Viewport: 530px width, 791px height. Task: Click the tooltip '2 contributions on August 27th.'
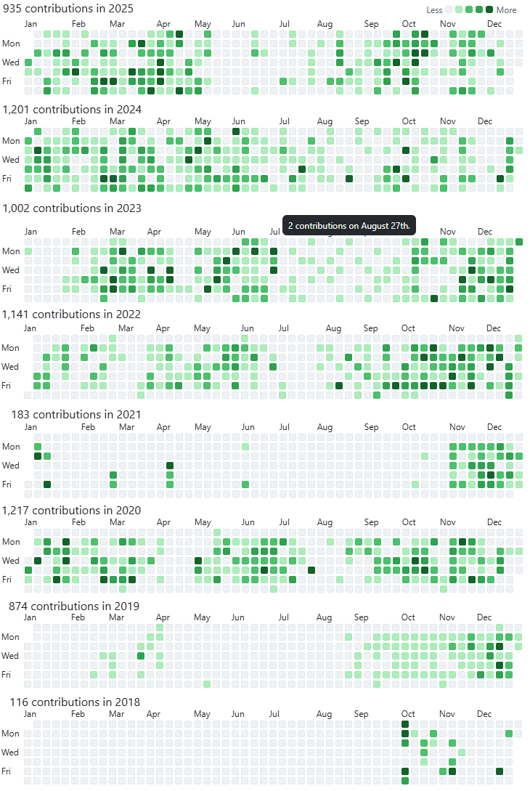tap(349, 226)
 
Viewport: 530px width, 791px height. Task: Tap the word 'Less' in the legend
tap(434, 10)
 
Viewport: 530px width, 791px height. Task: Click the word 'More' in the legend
tap(507, 10)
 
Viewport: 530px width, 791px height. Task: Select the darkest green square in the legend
tap(489, 10)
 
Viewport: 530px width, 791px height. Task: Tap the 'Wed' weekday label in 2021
tap(11, 466)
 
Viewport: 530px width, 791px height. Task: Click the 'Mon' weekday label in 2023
tap(11, 251)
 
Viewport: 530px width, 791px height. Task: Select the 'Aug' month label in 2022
tap(333, 328)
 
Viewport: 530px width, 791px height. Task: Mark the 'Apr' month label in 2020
tap(163, 522)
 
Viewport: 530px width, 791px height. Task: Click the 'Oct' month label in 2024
tap(409, 121)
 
